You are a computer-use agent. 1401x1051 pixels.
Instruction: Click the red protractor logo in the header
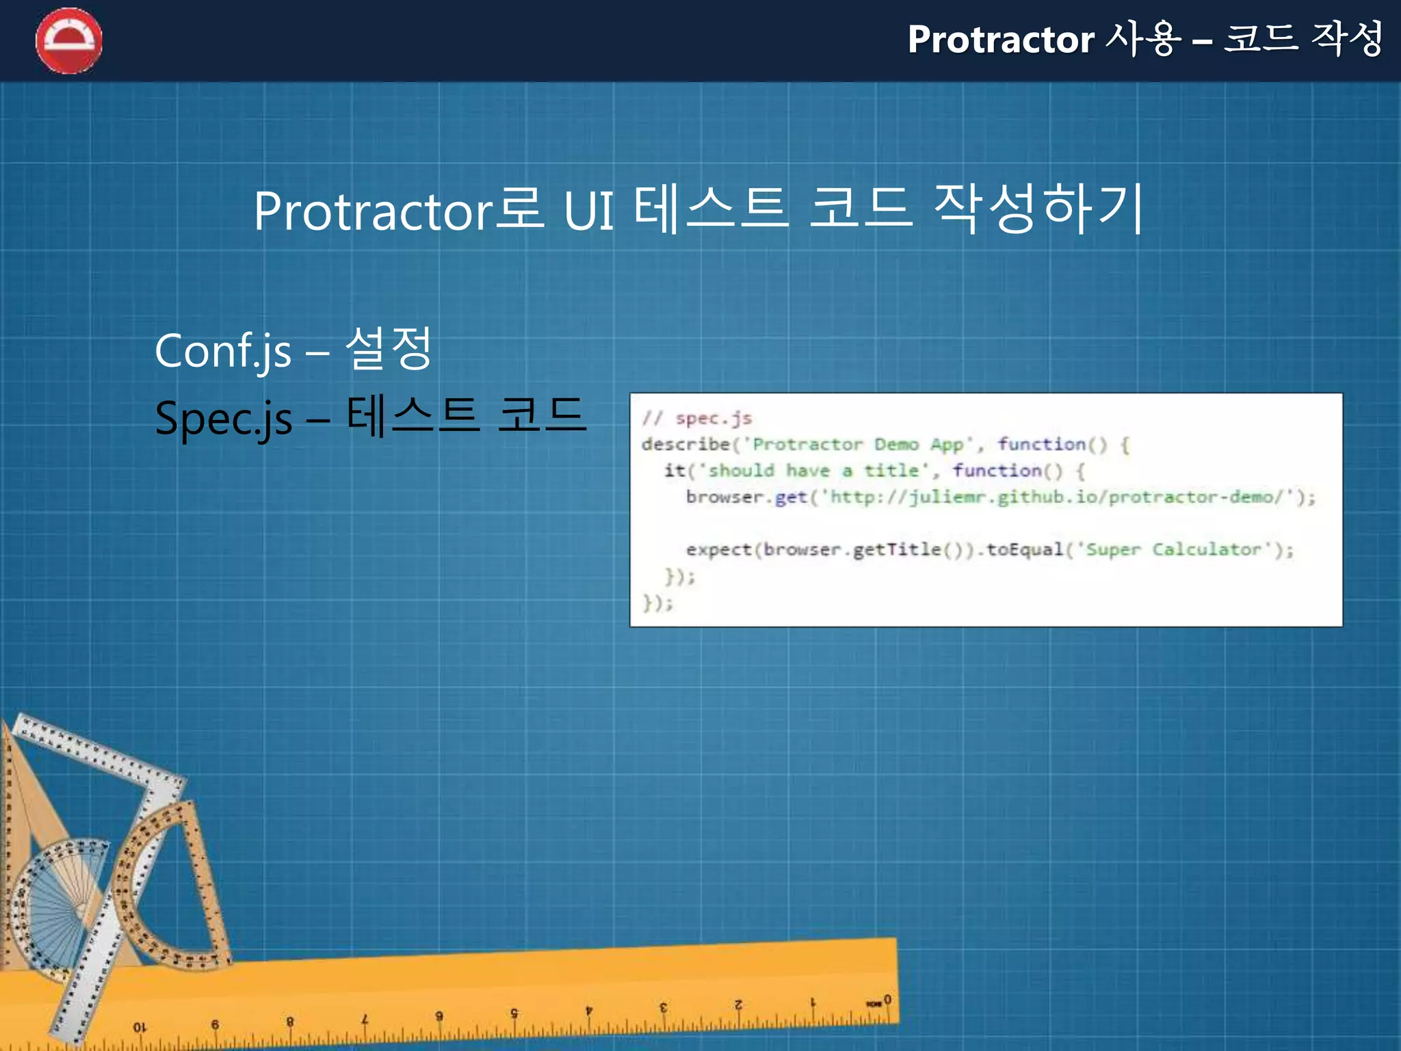coord(69,40)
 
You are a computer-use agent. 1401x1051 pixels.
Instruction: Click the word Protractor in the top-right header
coord(1001,40)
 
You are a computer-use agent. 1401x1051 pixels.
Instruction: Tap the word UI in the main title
coord(589,210)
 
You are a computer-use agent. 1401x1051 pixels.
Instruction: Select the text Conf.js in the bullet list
coord(223,350)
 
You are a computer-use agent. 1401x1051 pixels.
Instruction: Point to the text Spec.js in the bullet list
coord(223,418)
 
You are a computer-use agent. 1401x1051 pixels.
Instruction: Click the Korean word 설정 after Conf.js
coord(388,348)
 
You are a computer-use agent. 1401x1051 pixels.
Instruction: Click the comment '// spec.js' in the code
coord(696,418)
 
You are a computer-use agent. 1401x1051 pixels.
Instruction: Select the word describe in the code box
coord(685,445)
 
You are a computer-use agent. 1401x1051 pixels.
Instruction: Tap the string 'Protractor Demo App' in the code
coord(858,445)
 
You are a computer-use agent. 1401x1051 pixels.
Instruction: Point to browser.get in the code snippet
coord(746,497)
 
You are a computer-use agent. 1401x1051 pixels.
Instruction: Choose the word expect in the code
coord(718,549)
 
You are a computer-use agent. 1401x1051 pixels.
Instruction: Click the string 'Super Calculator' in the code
coord(1173,549)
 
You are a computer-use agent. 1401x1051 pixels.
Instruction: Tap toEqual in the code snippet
coord(1024,549)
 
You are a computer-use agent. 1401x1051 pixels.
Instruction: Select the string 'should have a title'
coord(813,471)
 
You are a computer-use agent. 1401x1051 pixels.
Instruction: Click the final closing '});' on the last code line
coord(657,603)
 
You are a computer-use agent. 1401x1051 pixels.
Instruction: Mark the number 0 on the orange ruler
coord(887,1000)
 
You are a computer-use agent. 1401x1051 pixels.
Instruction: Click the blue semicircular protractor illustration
coord(58,903)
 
